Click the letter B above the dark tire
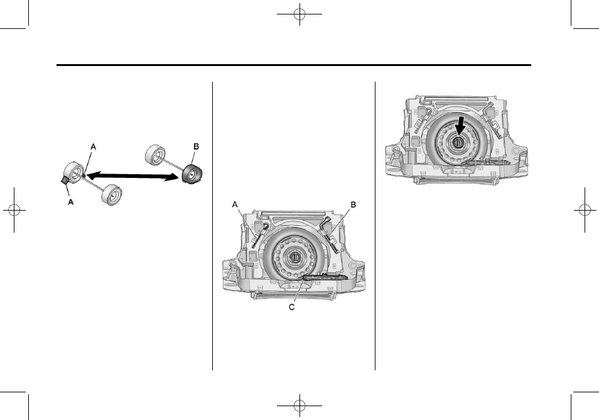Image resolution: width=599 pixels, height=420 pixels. [195, 146]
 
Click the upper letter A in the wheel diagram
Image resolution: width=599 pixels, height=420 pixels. [94, 146]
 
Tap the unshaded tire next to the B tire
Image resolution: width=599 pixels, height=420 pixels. [154, 155]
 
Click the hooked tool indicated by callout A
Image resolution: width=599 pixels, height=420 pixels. [258, 233]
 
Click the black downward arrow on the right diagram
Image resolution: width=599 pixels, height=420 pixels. [460, 124]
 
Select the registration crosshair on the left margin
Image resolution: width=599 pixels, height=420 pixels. [13, 210]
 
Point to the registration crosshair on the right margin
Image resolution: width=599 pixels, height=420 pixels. [586, 210]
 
